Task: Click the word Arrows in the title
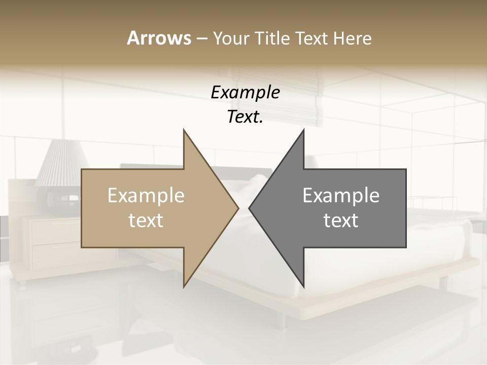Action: click(159, 38)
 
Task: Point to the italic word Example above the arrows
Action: click(245, 93)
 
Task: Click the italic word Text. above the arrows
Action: click(245, 117)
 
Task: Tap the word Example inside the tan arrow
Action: click(146, 196)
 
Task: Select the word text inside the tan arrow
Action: click(146, 221)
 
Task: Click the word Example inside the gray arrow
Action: click(341, 196)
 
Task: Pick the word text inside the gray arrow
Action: click(341, 221)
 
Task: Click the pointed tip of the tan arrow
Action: click(237, 208)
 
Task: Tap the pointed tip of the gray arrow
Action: click(250, 208)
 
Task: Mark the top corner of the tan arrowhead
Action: click(184, 130)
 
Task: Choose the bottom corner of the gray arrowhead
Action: click(303, 286)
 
